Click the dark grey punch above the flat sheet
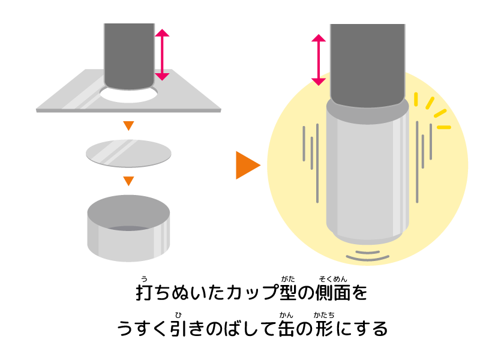pyautogui.click(x=129, y=54)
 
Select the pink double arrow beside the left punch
pyautogui.click(x=162, y=55)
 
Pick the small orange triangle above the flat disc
pyautogui.click(x=128, y=125)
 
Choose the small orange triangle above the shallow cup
pyautogui.click(x=128, y=181)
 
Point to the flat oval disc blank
pyautogui.click(x=128, y=153)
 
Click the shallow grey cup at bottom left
pyautogui.click(x=128, y=243)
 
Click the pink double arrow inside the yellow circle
pyautogui.click(x=319, y=59)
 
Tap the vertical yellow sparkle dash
pyautogui.click(x=416, y=99)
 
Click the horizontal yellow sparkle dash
pyautogui.click(x=443, y=127)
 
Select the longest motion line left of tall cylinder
pyautogui.click(x=317, y=163)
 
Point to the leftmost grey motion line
pyautogui.click(x=304, y=143)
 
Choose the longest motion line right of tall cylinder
pyautogui.click(x=417, y=162)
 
